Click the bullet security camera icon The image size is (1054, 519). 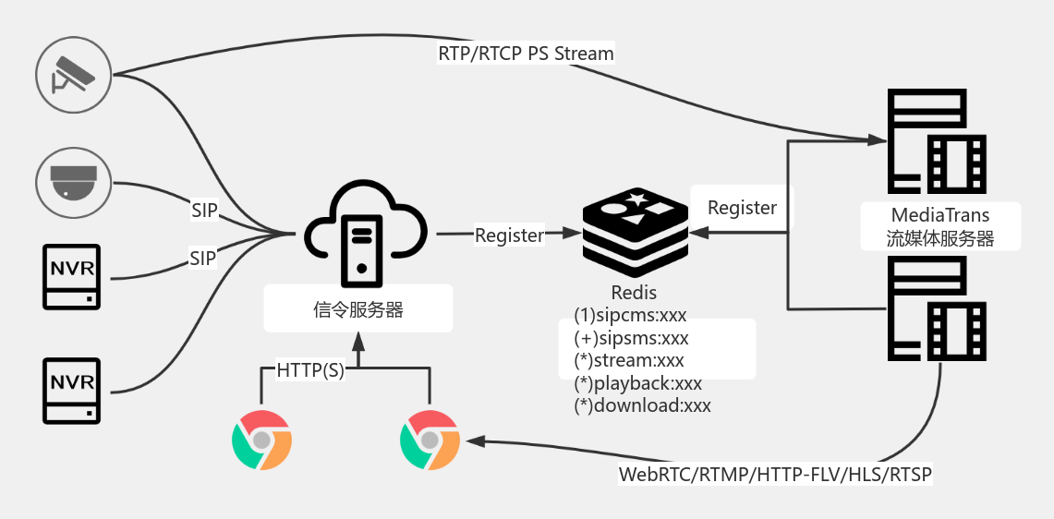coord(73,75)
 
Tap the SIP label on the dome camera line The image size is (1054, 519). coord(204,211)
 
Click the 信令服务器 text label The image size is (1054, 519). coord(358,309)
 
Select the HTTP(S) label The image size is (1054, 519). coord(310,371)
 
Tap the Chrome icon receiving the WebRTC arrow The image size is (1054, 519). coord(430,441)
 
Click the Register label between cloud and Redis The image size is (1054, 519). coord(509,235)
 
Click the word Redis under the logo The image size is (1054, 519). coord(634,293)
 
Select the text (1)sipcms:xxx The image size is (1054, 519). coord(630,315)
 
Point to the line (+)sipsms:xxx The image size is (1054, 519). coord(631,338)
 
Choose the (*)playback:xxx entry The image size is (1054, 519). coord(637,382)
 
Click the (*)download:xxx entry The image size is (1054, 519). coord(642,404)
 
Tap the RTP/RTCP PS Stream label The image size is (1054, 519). coord(526,54)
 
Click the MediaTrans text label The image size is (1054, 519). coord(940,215)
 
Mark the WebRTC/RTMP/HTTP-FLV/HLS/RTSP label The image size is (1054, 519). coord(775,475)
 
